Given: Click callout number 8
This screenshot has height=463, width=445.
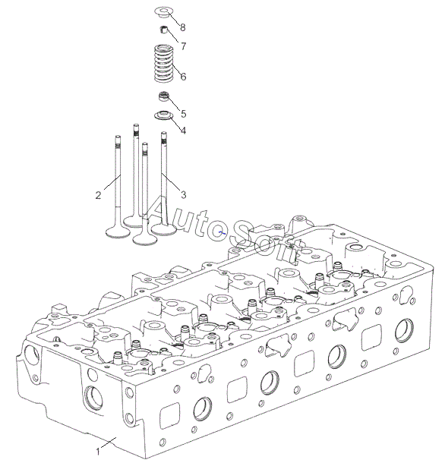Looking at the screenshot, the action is (183, 27).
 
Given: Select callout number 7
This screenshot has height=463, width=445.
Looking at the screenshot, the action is (184, 46).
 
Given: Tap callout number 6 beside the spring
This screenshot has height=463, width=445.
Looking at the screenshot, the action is (184, 77).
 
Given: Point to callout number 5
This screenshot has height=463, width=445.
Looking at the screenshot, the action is (184, 114).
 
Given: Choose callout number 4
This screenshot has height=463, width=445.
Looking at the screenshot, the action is (184, 131).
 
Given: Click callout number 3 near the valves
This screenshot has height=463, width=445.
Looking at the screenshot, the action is (184, 195).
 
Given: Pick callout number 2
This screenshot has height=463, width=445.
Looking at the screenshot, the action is (99, 195).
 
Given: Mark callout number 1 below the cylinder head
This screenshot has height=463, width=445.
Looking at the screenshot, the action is (98, 452).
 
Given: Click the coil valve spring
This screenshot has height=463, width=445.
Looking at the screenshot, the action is (163, 63).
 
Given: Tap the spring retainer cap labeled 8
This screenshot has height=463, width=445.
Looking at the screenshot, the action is (163, 12).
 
